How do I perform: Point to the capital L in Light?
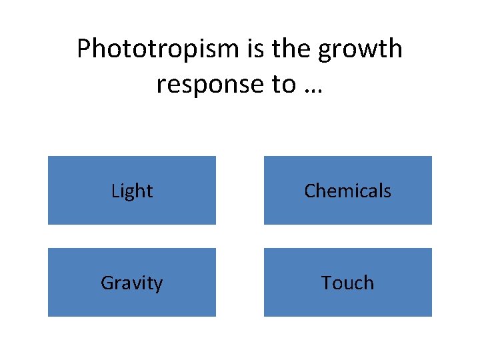click(115, 191)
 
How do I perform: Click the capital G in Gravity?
click(107, 283)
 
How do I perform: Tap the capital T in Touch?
click(326, 283)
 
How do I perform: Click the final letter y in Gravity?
click(158, 285)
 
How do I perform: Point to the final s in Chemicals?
click(387, 193)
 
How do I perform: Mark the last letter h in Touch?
click(369, 283)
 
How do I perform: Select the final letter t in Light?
click(150, 192)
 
